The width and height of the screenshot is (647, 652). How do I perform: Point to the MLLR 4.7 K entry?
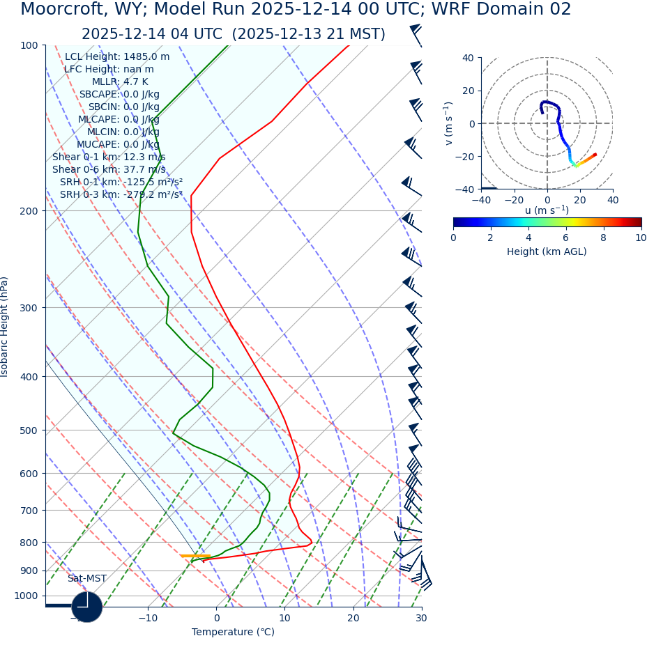[x=120, y=82]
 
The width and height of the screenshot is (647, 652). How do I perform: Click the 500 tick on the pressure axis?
[x=29, y=430]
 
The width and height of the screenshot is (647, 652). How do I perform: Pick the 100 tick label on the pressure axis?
[x=29, y=45]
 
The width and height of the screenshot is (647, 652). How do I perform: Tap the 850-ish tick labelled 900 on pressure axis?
[x=29, y=570]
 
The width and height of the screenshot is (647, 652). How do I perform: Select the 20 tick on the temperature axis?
[x=353, y=618]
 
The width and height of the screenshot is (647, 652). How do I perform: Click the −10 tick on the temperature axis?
[x=147, y=618]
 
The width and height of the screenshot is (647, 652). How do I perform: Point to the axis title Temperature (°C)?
[x=233, y=632]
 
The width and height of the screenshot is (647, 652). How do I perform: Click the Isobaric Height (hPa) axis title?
[x=5, y=327]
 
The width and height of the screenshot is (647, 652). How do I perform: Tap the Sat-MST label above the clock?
[x=87, y=579]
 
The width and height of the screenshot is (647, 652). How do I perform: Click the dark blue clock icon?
[x=87, y=607]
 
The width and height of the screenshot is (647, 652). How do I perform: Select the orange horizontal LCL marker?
[x=195, y=556]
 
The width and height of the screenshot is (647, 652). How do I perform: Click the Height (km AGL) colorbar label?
[x=547, y=251]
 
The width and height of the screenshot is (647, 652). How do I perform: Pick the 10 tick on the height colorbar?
[x=641, y=238]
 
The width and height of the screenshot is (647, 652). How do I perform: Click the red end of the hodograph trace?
[x=595, y=154]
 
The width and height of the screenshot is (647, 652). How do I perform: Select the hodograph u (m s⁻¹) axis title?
[x=547, y=210]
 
